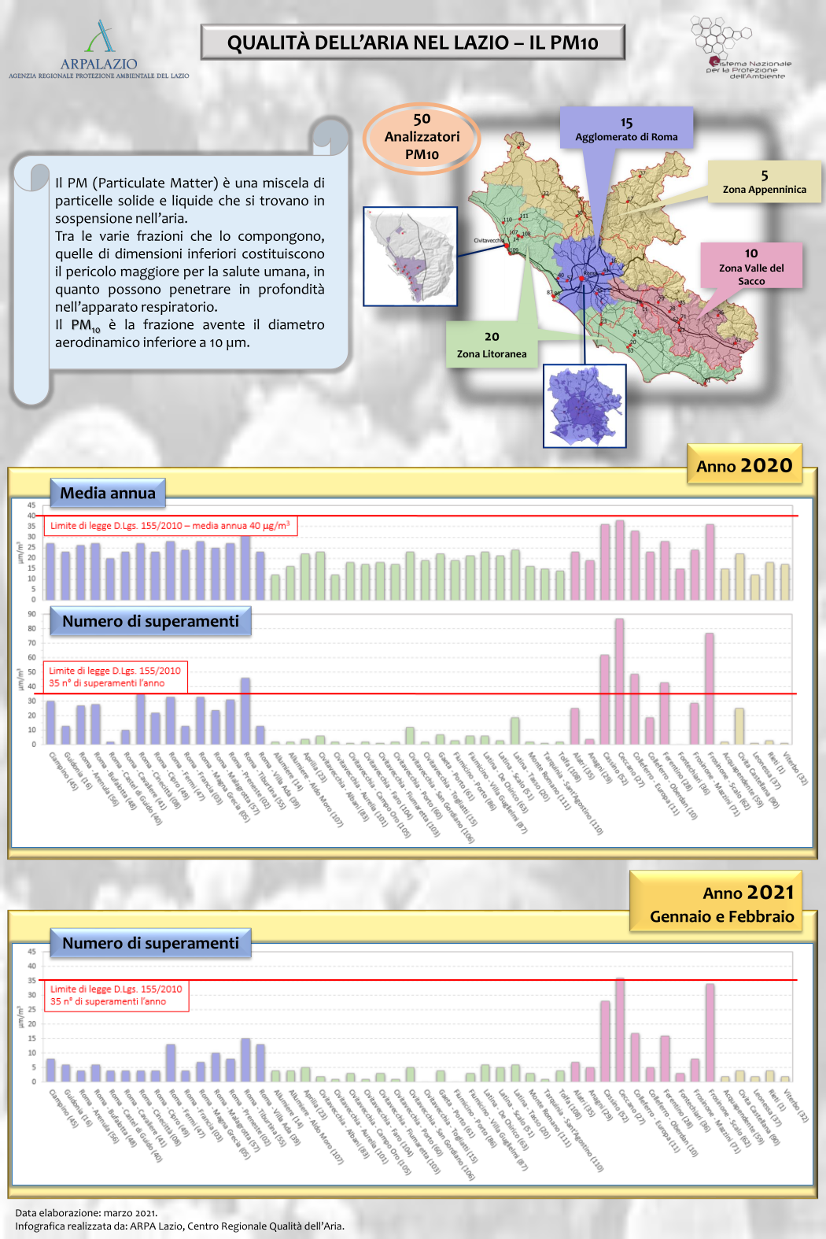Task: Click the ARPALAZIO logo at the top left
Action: (99, 50)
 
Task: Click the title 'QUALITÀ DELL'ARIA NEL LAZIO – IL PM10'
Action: (412, 43)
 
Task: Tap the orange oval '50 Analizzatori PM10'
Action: (422, 138)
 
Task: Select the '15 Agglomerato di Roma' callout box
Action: (626, 128)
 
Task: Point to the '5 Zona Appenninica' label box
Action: (764, 182)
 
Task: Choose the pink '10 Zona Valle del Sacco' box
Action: (751, 266)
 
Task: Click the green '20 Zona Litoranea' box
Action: (492, 345)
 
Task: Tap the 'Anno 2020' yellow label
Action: (744, 465)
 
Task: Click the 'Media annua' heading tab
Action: (108, 494)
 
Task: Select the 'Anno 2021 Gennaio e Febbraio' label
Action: (721, 903)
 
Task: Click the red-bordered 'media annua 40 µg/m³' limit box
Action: (170, 526)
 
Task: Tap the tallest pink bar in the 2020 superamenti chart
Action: (620, 681)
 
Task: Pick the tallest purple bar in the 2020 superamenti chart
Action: (245, 711)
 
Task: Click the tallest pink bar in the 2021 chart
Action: (620, 1030)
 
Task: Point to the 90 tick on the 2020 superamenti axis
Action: (31, 614)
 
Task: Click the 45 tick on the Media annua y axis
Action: (31, 505)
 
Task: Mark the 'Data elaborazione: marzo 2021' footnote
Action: (87, 1213)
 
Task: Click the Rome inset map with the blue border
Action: (584, 406)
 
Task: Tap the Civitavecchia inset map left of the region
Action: (410, 257)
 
